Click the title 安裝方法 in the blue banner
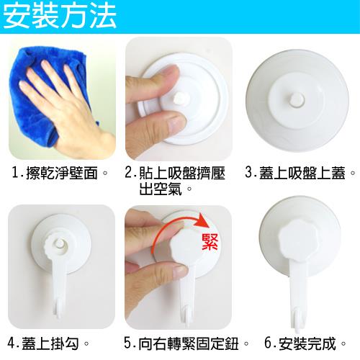[x=60, y=17]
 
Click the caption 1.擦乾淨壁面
[x=60, y=173]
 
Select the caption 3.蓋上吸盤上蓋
[x=300, y=173]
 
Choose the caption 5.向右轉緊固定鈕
[x=186, y=343]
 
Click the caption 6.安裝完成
[x=305, y=343]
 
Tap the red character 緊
[x=210, y=242]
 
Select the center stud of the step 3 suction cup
[x=297, y=99]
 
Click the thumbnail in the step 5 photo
[x=179, y=271]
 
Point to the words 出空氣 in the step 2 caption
[x=161, y=189]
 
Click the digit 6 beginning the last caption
[x=269, y=343]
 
